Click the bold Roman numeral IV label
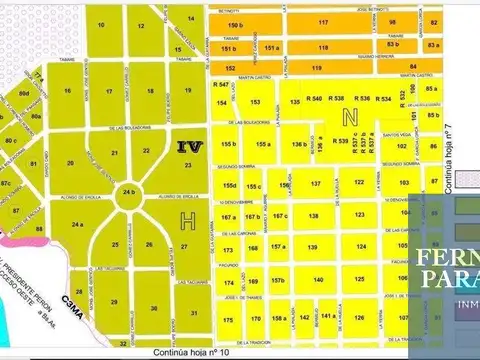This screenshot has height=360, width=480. [x=187, y=146]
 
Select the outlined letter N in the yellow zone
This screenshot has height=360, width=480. [x=349, y=117]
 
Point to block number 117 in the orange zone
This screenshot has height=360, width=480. [x=322, y=21]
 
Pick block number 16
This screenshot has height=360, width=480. [x=68, y=91]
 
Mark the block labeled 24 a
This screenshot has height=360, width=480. [x=77, y=226]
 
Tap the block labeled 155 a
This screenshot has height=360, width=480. [x=262, y=145]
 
